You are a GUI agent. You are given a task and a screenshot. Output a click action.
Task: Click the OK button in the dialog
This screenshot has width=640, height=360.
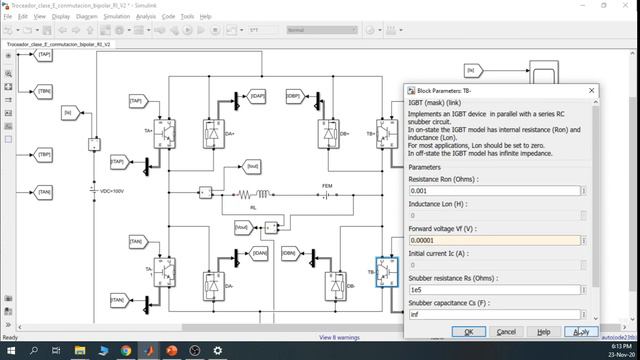coord(469,331)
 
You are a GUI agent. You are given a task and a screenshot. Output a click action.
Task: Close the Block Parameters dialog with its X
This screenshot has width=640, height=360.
coord(592,90)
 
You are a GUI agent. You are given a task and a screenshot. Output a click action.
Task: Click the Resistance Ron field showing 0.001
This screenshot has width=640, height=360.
coord(494,190)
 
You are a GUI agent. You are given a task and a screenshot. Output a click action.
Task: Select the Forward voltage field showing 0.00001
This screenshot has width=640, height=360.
coord(494,240)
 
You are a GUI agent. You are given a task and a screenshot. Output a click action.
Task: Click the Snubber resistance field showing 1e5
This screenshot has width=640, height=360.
coord(494,290)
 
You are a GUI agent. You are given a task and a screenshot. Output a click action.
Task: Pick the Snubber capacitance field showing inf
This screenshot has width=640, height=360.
coord(494,314)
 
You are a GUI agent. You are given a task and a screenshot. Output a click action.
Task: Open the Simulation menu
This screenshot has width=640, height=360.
coord(116,16)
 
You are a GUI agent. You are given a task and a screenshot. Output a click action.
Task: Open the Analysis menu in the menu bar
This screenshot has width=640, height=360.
coord(146,16)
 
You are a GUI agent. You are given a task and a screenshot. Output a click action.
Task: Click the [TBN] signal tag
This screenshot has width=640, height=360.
coord(44,90)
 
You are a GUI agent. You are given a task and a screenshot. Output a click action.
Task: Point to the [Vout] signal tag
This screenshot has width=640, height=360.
coord(241,227)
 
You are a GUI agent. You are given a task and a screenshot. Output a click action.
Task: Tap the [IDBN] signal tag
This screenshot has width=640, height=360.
coord(290,254)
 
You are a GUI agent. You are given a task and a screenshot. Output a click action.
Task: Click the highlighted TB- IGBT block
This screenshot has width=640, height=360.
coord(387,271)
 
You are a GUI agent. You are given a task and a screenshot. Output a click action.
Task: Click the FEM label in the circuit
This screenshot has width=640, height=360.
coord(326,186)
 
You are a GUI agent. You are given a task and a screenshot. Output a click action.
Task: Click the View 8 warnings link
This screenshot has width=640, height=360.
coord(340,338)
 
